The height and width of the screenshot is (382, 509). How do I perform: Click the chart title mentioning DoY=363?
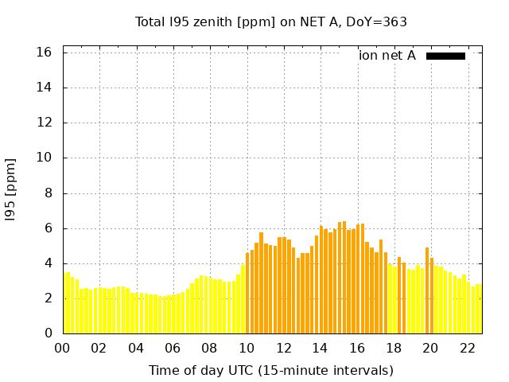coord(270,22)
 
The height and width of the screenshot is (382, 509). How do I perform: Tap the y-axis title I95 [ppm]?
coord(11,190)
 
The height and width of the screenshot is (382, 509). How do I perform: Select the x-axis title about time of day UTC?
coord(270,371)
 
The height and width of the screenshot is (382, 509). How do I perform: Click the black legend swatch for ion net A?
coord(445,56)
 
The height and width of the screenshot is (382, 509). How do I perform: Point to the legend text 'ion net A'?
coord(387,56)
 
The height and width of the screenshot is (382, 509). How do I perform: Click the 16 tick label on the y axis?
coord(45,53)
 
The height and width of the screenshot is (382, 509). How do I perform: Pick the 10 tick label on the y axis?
coord(45,158)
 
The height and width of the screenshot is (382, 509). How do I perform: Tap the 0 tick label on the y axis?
coord(48,333)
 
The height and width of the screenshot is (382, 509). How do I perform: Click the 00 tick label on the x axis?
coord(63,348)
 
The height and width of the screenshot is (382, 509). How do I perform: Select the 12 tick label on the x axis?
coord(283,348)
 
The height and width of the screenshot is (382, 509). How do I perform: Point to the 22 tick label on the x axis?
coord(467,348)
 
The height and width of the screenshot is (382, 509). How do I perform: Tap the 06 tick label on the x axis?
coord(173,348)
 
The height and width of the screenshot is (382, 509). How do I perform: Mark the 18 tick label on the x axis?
coord(393,348)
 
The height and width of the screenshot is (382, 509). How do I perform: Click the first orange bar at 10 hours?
coord(248,294)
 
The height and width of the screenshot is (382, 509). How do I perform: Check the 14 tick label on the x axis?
coord(320,348)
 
